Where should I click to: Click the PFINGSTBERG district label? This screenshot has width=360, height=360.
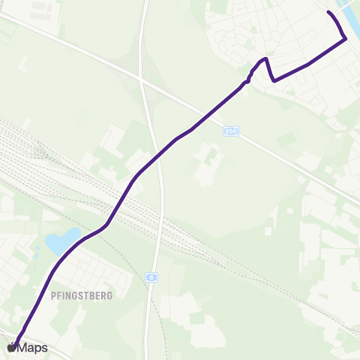point(82,295)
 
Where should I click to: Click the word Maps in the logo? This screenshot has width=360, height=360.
point(32,347)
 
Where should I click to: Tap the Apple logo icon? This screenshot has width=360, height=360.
point(11,347)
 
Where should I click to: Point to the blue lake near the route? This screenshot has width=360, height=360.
point(61,240)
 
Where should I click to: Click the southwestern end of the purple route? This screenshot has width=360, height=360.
point(15,341)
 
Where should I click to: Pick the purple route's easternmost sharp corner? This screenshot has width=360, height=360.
point(345,39)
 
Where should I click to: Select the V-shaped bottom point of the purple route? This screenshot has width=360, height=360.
point(274,79)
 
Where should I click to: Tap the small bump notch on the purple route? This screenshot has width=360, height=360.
point(248,79)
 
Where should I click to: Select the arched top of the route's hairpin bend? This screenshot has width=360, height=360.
point(264,58)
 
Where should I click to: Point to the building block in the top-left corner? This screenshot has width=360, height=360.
point(34,9)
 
